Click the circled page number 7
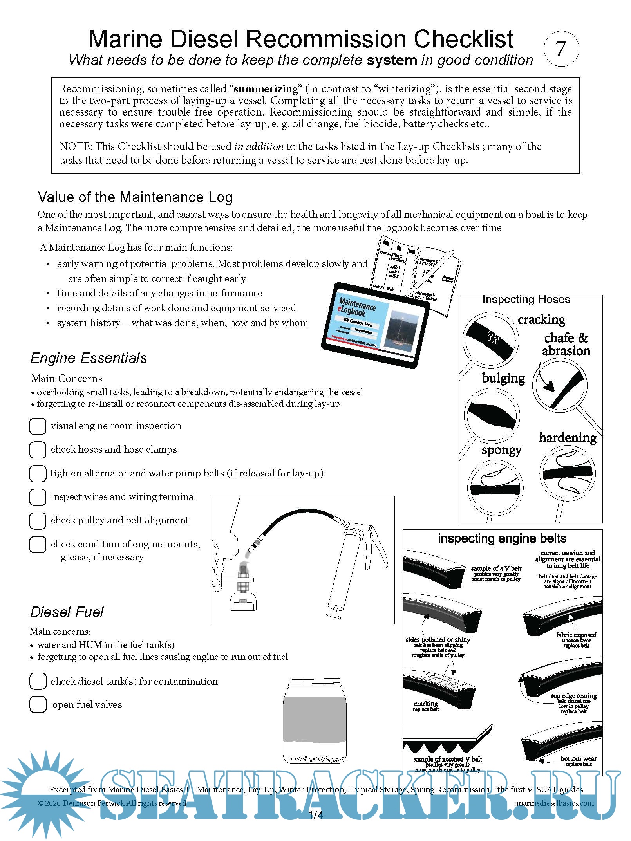click(561, 49)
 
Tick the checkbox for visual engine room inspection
click(38, 426)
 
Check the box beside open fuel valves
click(38, 704)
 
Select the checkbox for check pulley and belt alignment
click(38, 520)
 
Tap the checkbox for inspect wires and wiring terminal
click(38, 497)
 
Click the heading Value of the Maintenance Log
click(135, 197)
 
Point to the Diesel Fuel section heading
click(67, 612)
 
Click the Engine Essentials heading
click(89, 358)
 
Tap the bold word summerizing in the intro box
click(266, 89)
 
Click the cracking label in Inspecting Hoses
click(541, 319)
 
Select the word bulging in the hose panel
click(503, 378)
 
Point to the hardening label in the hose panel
click(568, 437)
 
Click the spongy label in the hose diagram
click(501, 450)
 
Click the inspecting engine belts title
click(502, 538)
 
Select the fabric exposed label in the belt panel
click(576, 635)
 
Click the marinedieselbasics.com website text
click(555, 803)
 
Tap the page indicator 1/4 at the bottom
click(316, 815)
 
